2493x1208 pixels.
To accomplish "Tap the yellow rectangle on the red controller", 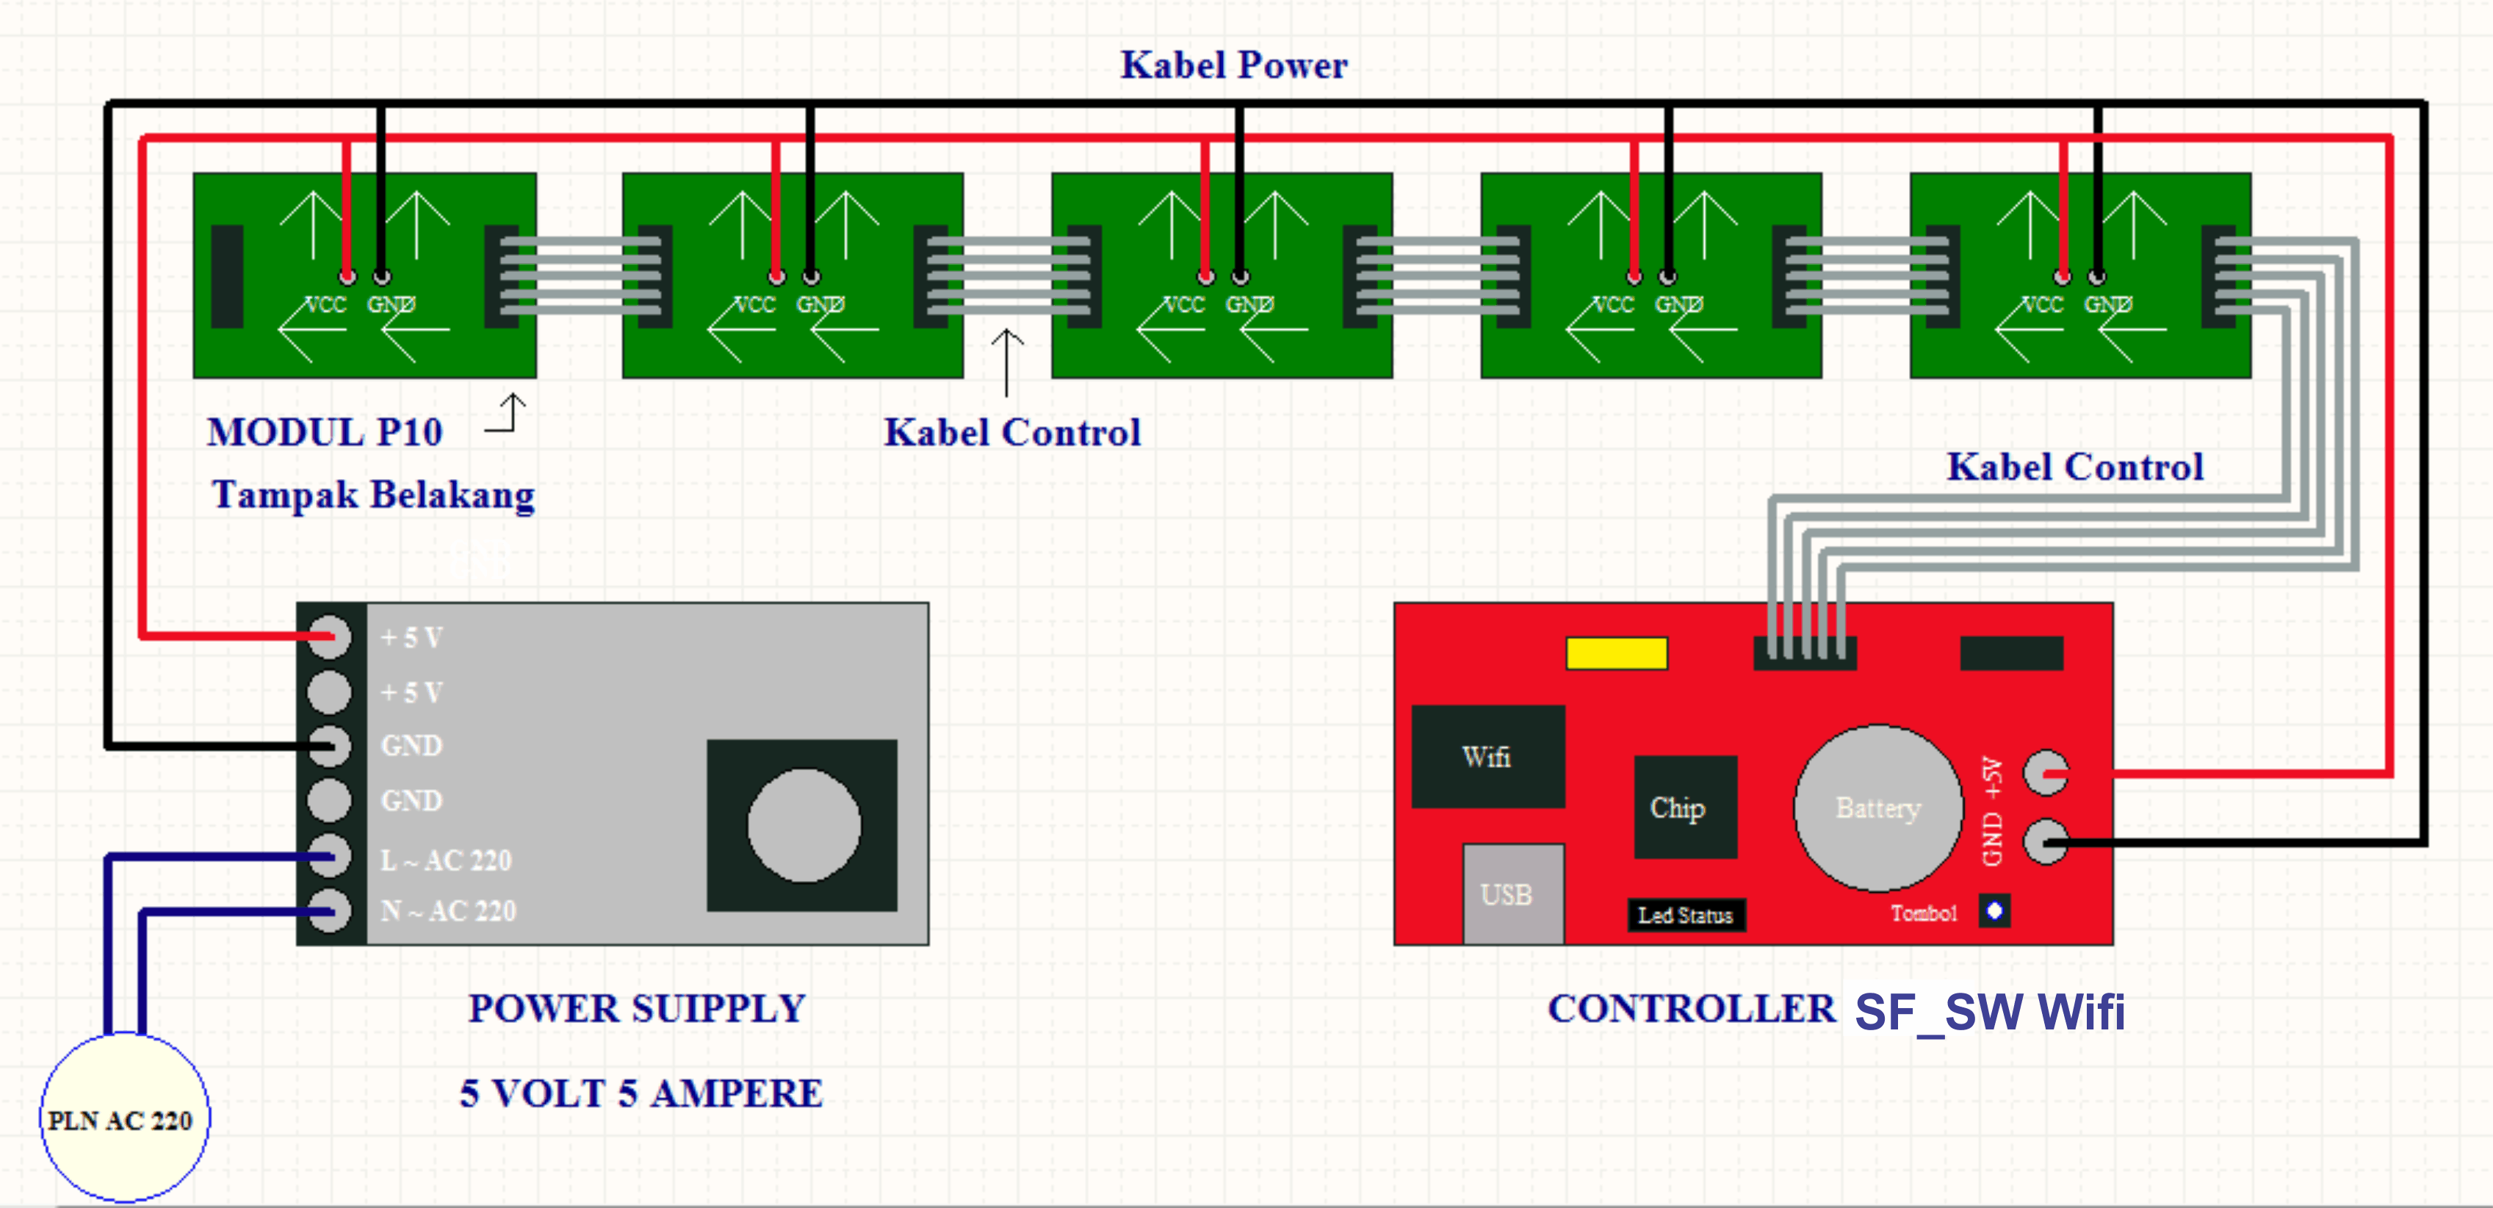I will pos(1616,653).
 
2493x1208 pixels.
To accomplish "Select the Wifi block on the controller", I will pos(1487,756).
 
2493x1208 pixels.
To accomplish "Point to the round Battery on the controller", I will pos(1877,808).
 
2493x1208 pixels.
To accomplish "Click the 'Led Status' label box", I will pos(1686,915).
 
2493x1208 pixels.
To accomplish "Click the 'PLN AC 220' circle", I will pos(123,1119).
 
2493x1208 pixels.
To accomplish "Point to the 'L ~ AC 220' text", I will pos(446,860).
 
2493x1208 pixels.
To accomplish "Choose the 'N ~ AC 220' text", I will pos(448,911).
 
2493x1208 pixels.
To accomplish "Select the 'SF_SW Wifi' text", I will pos(1990,1013).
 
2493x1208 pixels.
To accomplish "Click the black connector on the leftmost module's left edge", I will pos(226,276).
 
